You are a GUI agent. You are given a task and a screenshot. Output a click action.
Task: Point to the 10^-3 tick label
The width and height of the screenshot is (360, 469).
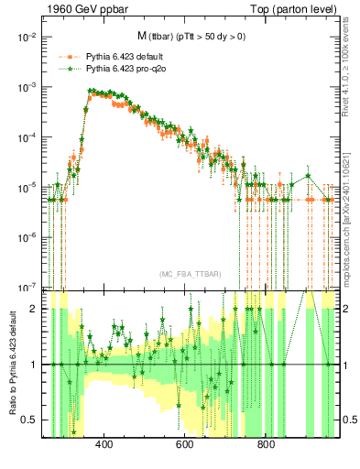pos(27,87)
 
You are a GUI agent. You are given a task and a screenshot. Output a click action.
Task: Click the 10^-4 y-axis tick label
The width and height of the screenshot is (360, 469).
pos(27,136)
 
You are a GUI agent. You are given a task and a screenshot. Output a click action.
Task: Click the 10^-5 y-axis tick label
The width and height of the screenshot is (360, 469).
pos(27,187)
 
